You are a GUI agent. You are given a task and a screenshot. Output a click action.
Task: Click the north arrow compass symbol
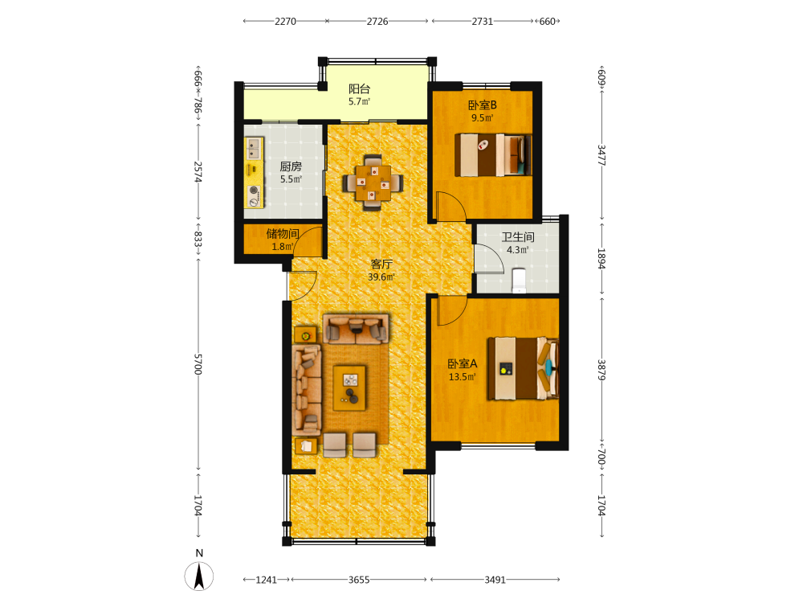(198, 576)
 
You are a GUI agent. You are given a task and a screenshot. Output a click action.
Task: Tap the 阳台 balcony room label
(359, 88)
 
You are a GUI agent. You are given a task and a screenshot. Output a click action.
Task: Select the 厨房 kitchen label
(291, 166)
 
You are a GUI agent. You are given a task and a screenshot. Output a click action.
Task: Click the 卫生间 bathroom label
(518, 237)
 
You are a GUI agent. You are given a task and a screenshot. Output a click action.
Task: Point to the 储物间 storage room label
(282, 234)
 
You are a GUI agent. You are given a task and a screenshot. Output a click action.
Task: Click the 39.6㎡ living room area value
(381, 277)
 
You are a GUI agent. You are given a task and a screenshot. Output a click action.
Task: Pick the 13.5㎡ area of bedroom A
(463, 377)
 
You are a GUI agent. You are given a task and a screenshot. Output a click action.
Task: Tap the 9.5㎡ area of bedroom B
(483, 118)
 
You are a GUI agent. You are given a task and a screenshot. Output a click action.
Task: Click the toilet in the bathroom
(520, 280)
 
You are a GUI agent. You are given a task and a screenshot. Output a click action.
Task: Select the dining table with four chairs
(373, 183)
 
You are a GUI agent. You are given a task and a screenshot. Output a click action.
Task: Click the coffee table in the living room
(349, 388)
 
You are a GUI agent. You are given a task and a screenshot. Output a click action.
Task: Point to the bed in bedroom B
(493, 155)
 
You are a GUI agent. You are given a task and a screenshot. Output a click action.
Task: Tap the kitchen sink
(253, 148)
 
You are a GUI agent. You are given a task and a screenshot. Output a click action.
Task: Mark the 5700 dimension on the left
(198, 364)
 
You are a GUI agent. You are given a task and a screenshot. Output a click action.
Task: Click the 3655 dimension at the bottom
(358, 580)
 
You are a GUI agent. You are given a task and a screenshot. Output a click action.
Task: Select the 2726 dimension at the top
(377, 22)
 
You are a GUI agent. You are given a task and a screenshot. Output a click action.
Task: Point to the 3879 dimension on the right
(601, 370)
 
